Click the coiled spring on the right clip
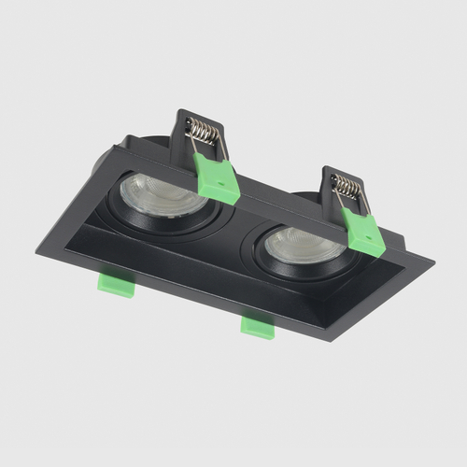pyautogui.click(x=347, y=188)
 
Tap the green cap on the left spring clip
pyautogui.click(x=219, y=179)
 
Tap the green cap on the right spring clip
pyautogui.click(x=363, y=233)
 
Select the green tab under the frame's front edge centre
pyautogui.click(x=257, y=326)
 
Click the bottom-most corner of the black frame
pyautogui.click(x=329, y=340)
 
